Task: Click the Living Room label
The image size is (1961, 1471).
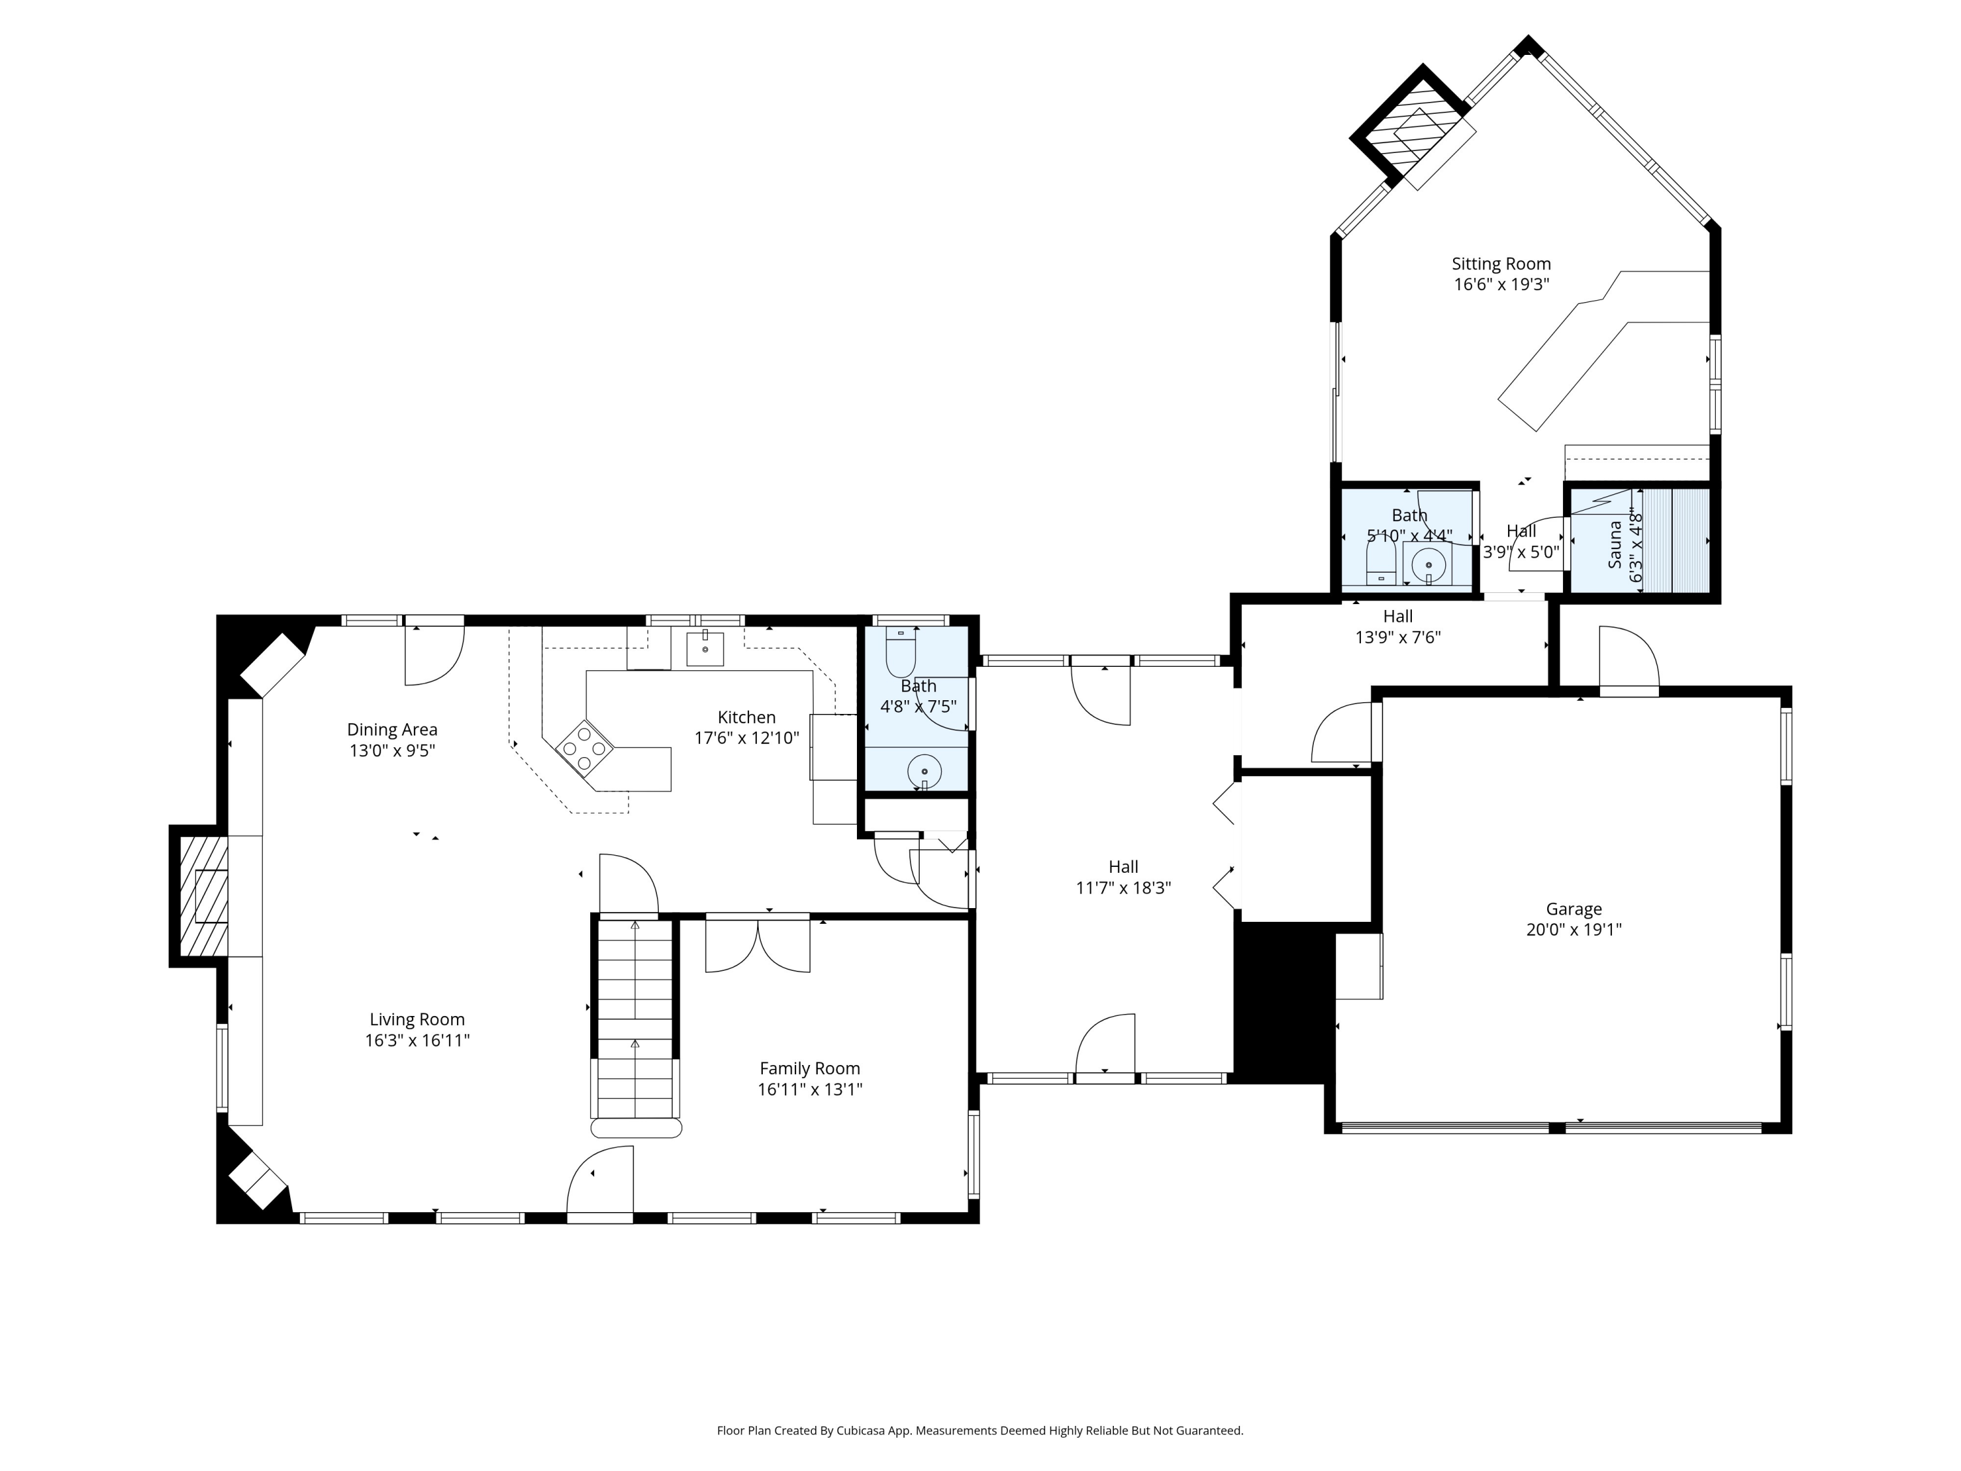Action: [x=416, y=1020]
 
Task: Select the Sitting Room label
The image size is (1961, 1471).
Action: [x=1501, y=263]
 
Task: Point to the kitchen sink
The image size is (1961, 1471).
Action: [x=705, y=649]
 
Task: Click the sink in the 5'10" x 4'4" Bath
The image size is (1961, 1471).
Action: [x=1428, y=565]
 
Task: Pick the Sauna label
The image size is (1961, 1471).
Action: [x=1615, y=545]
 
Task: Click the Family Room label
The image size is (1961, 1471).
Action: [x=809, y=1068]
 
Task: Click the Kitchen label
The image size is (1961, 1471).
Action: [x=746, y=717]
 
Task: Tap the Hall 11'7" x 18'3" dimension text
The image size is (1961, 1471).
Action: [x=1123, y=888]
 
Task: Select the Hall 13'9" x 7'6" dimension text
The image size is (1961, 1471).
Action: [x=1398, y=637]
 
